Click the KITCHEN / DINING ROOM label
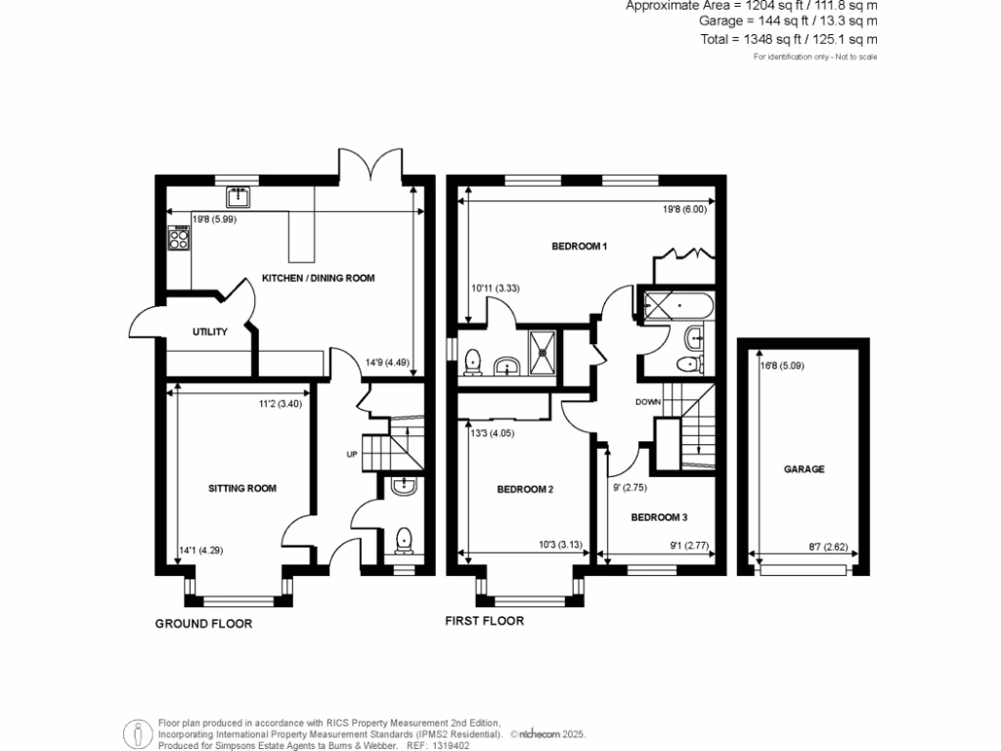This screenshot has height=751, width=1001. tap(318, 279)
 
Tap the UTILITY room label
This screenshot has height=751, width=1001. tap(209, 332)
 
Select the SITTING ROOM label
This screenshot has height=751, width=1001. tap(241, 488)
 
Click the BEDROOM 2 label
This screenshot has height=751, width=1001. tap(525, 489)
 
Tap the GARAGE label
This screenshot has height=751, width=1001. tap(804, 469)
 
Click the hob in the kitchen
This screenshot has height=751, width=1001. tap(180, 238)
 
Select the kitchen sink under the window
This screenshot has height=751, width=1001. tap(238, 198)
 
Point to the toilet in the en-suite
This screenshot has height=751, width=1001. tap(473, 362)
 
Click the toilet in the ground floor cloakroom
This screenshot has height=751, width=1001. tap(403, 540)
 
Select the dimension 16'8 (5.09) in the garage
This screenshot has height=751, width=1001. tap(780, 369)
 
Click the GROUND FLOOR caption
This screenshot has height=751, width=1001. tap(203, 623)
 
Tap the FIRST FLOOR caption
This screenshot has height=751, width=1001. tap(484, 621)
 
